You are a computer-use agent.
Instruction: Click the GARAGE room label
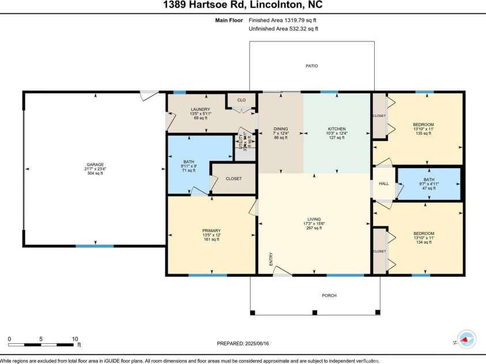(95, 164)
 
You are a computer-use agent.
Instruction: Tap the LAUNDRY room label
(200, 109)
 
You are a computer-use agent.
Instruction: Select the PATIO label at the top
(311, 66)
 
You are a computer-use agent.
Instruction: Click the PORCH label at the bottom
(329, 295)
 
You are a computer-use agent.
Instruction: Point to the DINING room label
(281, 129)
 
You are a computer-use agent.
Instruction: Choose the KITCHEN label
(337, 129)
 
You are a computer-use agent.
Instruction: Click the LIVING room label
(314, 219)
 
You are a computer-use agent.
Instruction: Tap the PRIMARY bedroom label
(212, 230)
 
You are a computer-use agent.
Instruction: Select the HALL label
(383, 184)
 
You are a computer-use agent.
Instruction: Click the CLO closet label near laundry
(242, 100)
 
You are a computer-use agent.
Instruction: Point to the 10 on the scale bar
(74, 338)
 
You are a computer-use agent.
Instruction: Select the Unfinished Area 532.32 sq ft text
(283, 28)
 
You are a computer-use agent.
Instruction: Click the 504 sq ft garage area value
(95, 173)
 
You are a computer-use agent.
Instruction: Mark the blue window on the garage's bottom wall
(95, 246)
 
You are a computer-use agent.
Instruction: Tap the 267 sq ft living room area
(314, 227)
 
